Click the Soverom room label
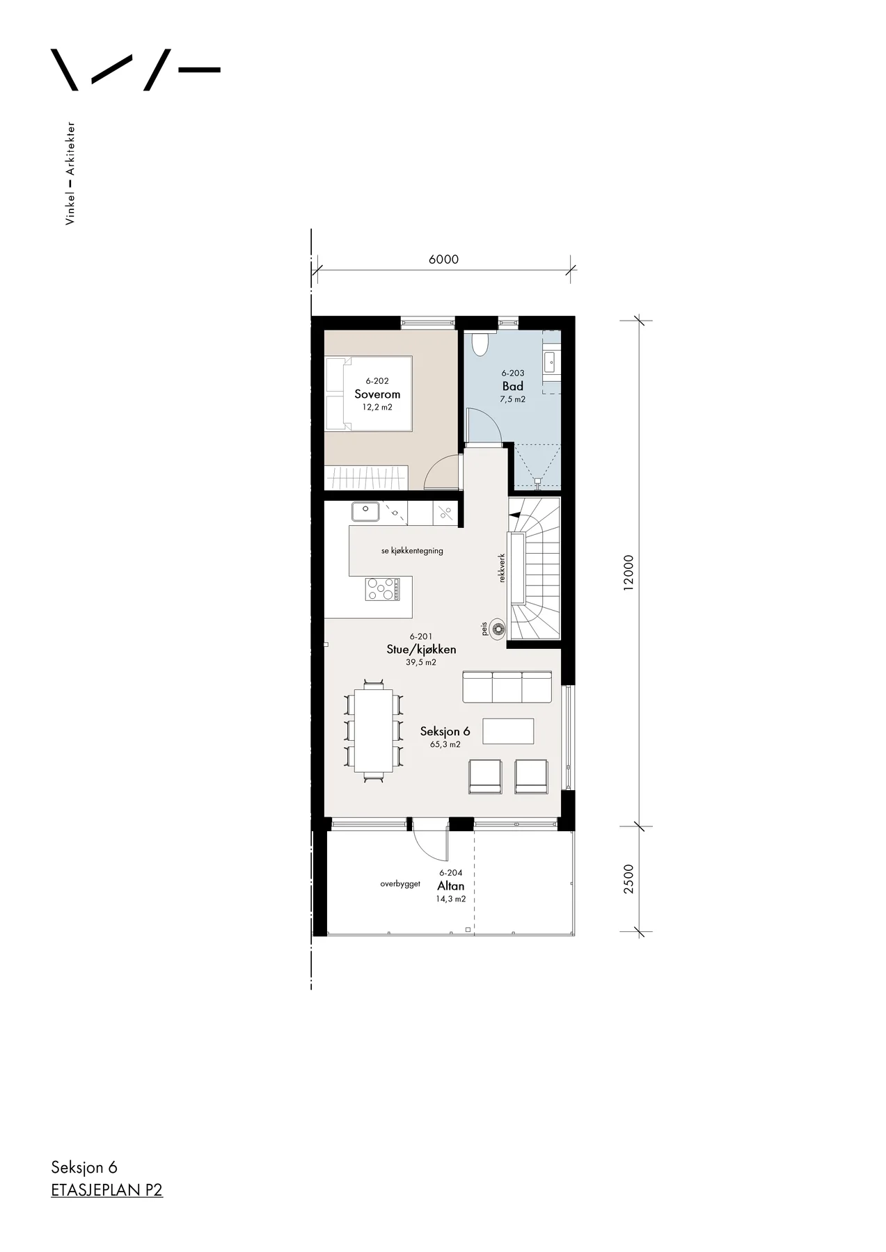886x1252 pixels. (377, 394)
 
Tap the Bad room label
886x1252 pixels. (513, 386)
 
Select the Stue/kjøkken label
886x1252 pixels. (421, 649)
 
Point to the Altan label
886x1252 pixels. (451, 885)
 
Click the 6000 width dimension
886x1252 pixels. (444, 259)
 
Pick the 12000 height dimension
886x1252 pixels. (628, 572)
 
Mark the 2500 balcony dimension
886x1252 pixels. (628, 878)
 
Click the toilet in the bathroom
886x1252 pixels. (481, 344)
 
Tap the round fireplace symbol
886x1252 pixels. (498, 629)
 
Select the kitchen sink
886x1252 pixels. (365, 512)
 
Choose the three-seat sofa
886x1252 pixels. (507, 687)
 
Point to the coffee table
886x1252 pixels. (508, 731)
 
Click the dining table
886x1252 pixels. (374, 730)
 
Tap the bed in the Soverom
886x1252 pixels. (370, 394)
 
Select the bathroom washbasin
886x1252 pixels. (551, 360)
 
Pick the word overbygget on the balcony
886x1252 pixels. (400, 883)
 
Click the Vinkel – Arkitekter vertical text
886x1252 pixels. (70, 173)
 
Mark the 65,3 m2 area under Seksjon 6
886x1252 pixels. (445, 744)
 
